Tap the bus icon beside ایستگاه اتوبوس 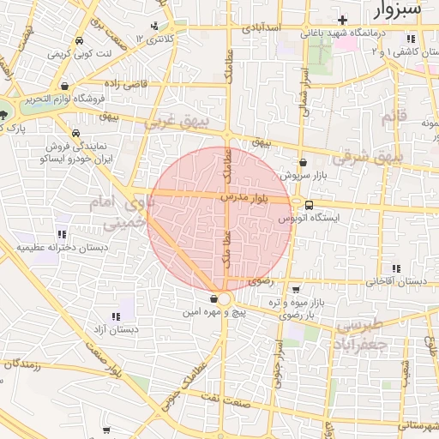tap(308, 204)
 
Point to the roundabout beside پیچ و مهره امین tap(225, 298)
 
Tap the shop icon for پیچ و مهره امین tap(213, 298)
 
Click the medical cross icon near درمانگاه tap(343, 19)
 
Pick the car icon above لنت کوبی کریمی tap(79, 41)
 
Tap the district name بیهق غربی tap(177, 123)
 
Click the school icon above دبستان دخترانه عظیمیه tap(61, 233)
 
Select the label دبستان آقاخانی tap(395, 281)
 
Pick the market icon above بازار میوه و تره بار tap(296, 289)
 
